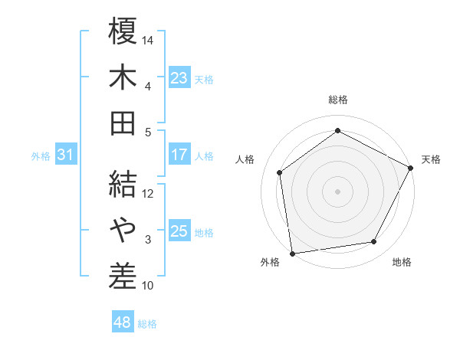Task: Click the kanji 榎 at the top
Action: [123, 31]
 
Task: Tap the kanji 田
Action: [123, 123]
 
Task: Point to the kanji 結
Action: [123, 184]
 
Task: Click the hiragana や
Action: [123, 229]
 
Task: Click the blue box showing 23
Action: [179, 77]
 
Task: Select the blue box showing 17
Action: [179, 155]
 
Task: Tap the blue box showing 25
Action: [179, 231]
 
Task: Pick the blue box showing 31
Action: [65, 155]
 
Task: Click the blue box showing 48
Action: [122, 322]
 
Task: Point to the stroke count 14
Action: [148, 39]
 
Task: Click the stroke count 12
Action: [148, 194]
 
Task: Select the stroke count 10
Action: [148, 286]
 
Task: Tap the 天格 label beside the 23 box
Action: [204, 79]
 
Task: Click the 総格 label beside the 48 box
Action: [147, 324]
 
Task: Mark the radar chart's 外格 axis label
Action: [270, 263]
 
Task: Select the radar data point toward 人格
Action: [280, 172]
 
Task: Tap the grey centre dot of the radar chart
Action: [337, 191]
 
